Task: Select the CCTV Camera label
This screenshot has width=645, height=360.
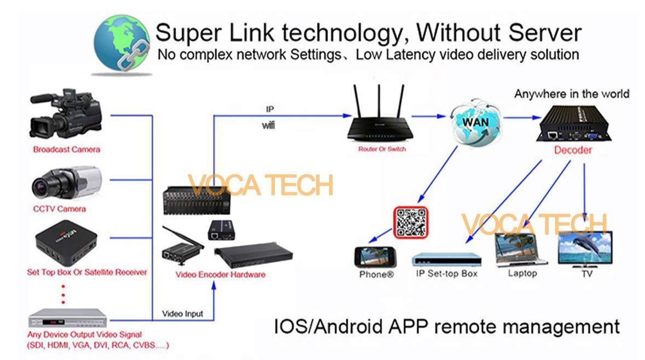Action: (x=59, y=209)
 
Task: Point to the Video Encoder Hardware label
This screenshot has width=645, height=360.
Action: (x=220, y=274)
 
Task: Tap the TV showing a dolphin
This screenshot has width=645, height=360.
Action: (x=584, y=249)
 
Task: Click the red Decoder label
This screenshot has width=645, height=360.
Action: (x=573, y=150)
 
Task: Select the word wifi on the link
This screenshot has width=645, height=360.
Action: (x=268, y=126)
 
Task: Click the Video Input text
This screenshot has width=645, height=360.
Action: (x=182, y=314)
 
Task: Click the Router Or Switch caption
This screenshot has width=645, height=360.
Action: (x=382, y=149)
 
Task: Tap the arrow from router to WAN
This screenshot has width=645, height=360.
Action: (x=427, y=116)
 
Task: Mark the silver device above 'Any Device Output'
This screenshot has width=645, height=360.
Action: (x=67, y=316)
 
